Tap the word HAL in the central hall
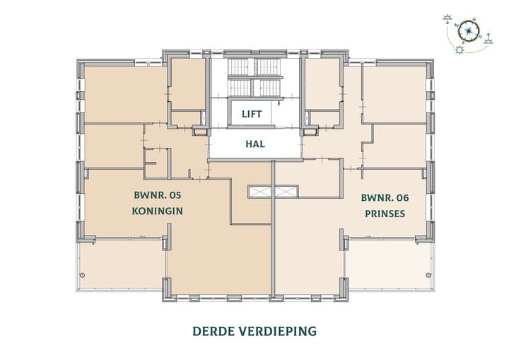click(255, 144)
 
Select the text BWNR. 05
click(153, 197)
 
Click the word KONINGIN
click(153, 211)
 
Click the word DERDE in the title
click(214, 330)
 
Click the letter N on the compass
click(474, 21)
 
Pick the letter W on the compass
click(457, 26)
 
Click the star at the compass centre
click(468, 30)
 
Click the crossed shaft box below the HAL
click(273, 191)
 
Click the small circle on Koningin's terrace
click(83, 274)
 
